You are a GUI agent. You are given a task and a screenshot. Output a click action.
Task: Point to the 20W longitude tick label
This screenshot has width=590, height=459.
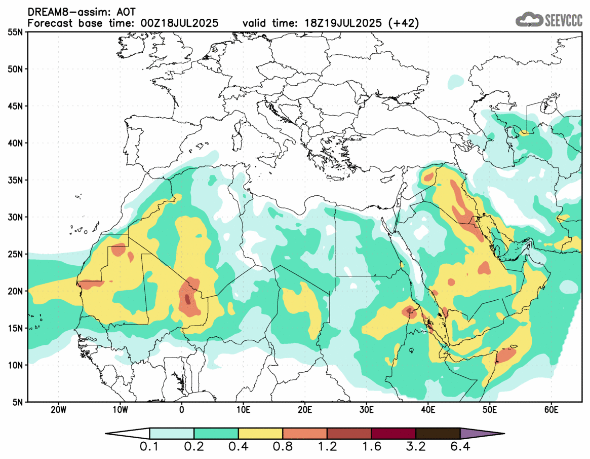coord(59,409)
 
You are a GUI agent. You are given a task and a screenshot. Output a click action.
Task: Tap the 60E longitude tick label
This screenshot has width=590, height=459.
coord(551,409)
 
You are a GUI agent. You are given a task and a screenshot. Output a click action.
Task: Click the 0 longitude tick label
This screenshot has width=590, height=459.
coord(182,409)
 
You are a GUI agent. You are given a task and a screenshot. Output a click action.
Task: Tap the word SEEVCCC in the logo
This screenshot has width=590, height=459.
coord(564,20)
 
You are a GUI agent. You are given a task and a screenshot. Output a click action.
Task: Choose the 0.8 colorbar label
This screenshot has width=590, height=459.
coord(283,447)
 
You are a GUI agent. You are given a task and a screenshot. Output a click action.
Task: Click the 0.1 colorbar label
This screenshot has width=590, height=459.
coord(150,447)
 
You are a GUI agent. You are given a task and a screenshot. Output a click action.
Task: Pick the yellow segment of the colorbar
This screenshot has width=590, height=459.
coord(260,434)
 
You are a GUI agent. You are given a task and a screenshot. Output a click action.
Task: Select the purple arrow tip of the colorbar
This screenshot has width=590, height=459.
coord(481,434)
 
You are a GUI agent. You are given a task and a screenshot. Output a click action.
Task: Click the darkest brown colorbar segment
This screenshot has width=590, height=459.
coord(438,434)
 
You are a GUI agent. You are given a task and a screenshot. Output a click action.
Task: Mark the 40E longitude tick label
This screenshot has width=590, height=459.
coord(428,409)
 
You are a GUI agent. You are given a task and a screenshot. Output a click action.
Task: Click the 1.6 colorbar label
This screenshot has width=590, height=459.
coord(371,447)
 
